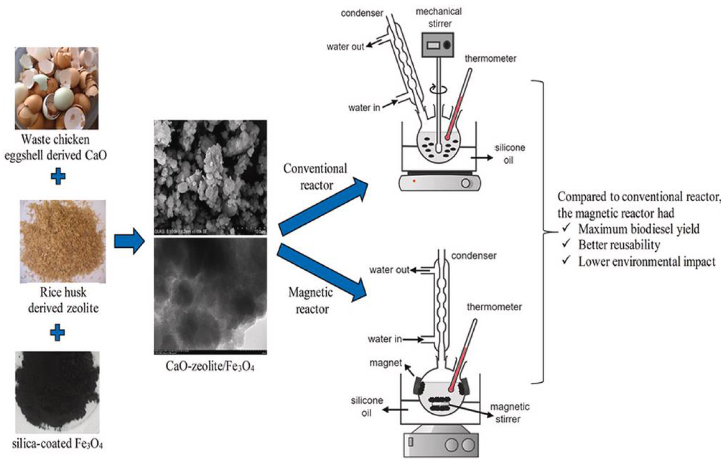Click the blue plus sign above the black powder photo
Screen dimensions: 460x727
click(57, 333)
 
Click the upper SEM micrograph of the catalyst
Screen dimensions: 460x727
click(210, 177)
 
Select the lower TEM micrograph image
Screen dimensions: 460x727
click(210, 296)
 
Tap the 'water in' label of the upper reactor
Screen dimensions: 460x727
click(364, 108)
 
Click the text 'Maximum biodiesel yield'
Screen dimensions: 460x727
click(639, 229)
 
